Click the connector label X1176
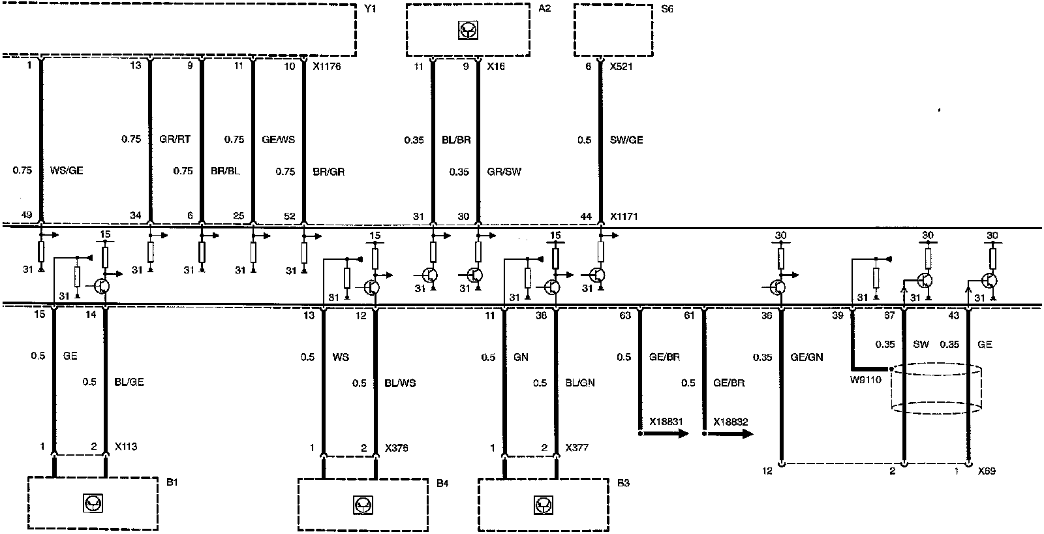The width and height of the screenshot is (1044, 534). (x=327, y=66)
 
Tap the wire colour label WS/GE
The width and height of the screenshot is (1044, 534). (x=67, y=170)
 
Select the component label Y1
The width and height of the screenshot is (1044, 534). (x=369, y=9)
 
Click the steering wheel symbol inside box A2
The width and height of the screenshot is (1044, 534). (x=468, y=31)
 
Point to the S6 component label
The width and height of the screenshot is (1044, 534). (x=667, y=9)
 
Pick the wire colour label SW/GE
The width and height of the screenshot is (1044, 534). (x=626, y=140)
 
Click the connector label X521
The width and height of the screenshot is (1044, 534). (x=621, y=66)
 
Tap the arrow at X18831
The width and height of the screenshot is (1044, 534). (x=664, y=433)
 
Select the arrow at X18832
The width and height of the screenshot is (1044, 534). (x=728, y=433)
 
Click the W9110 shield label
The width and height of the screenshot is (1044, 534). (x=865, y=380)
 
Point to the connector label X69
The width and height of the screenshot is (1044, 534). (x=987, y=471)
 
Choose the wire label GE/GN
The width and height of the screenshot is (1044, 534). (x=806, y=357)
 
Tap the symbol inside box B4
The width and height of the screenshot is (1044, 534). (x=363, y=505)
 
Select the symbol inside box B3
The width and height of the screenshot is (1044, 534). (x=544, y=505)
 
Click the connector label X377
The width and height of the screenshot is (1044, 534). (x=577, y=448)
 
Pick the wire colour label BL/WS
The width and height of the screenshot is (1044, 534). (x=400, y=383)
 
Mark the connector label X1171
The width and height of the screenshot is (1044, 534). (x=624, y=216)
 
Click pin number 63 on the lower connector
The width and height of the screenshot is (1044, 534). (x=625, y=316)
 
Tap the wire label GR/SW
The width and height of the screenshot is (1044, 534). (x=504, y=172)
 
